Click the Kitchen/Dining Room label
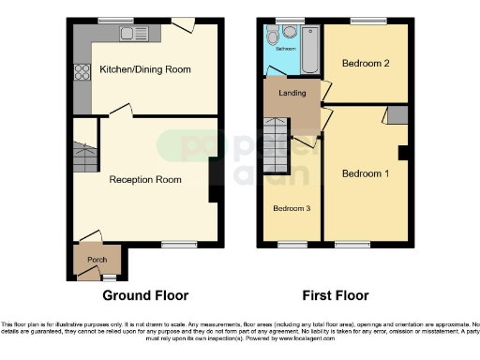144,69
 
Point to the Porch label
97,260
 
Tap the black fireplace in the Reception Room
215,180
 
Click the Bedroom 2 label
364,64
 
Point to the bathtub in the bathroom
310,49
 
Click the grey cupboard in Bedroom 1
397,115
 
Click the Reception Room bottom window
173,245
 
